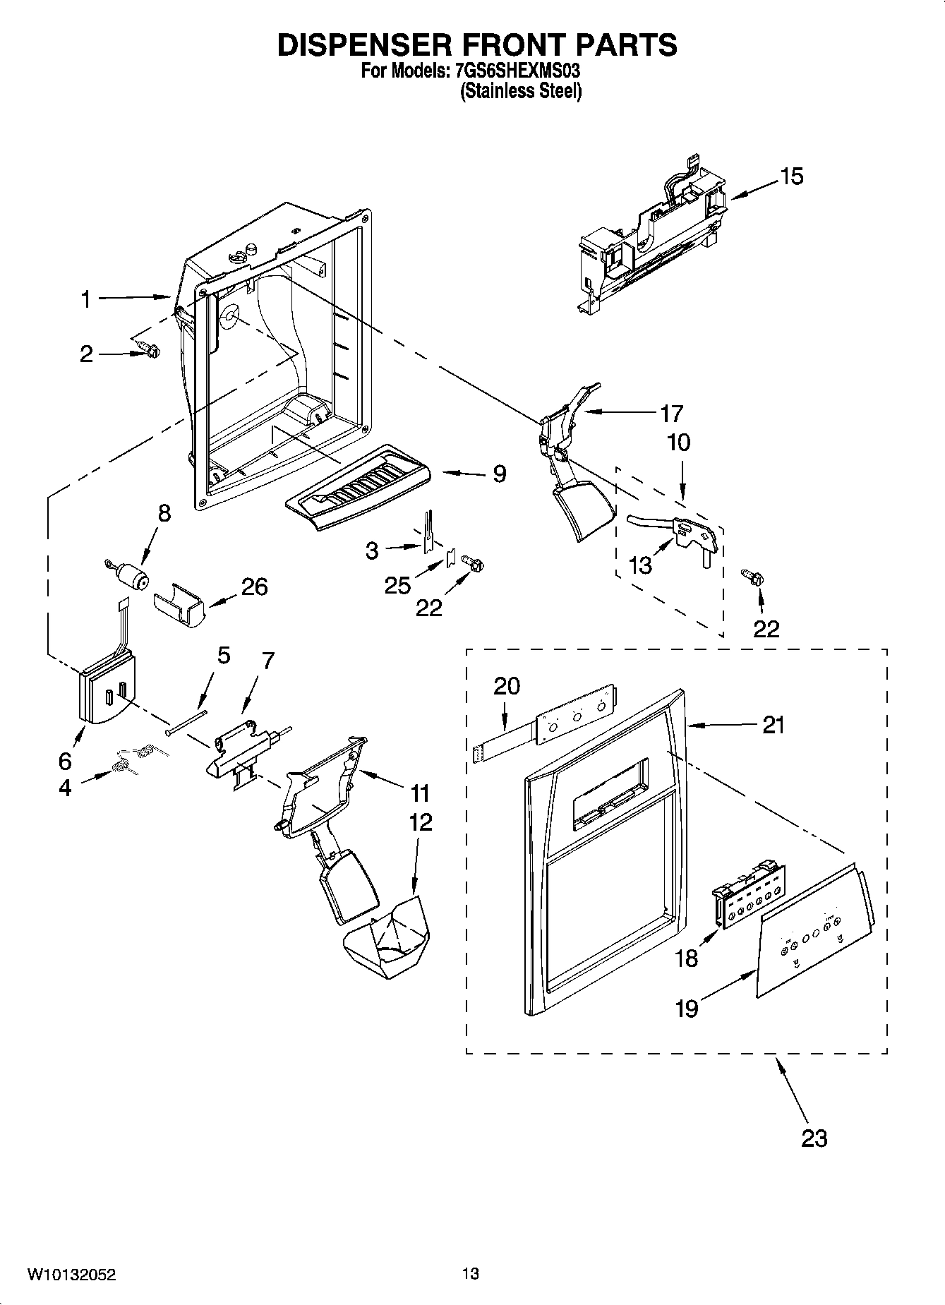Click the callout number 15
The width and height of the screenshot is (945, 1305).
tap(792, 176)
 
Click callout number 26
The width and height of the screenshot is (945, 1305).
tap(255, 587)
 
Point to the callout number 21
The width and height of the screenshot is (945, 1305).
tap(774, 725)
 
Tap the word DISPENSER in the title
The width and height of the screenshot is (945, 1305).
tap(363, 44)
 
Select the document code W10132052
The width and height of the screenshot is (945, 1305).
tap(71, 1275)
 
